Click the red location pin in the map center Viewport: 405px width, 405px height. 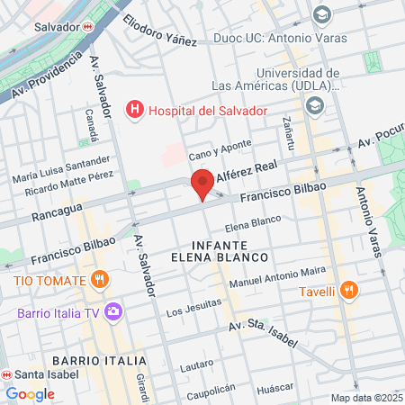click(202, 183)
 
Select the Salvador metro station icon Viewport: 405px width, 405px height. click(87, 27)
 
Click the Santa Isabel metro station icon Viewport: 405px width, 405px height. click(5, 374)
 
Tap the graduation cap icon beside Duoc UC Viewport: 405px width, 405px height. click(321, 15)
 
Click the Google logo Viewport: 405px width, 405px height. click(30, 393)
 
